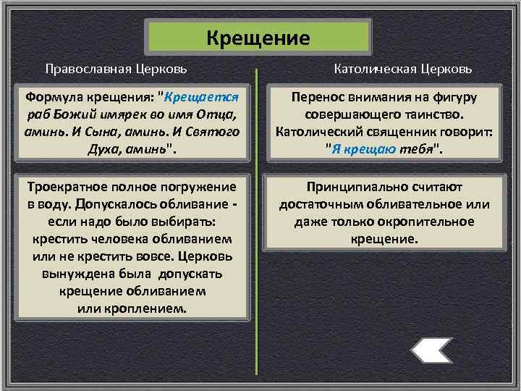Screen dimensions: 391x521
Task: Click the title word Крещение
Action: point(258,37)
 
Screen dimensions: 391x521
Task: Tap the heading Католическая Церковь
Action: point(403,69)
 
